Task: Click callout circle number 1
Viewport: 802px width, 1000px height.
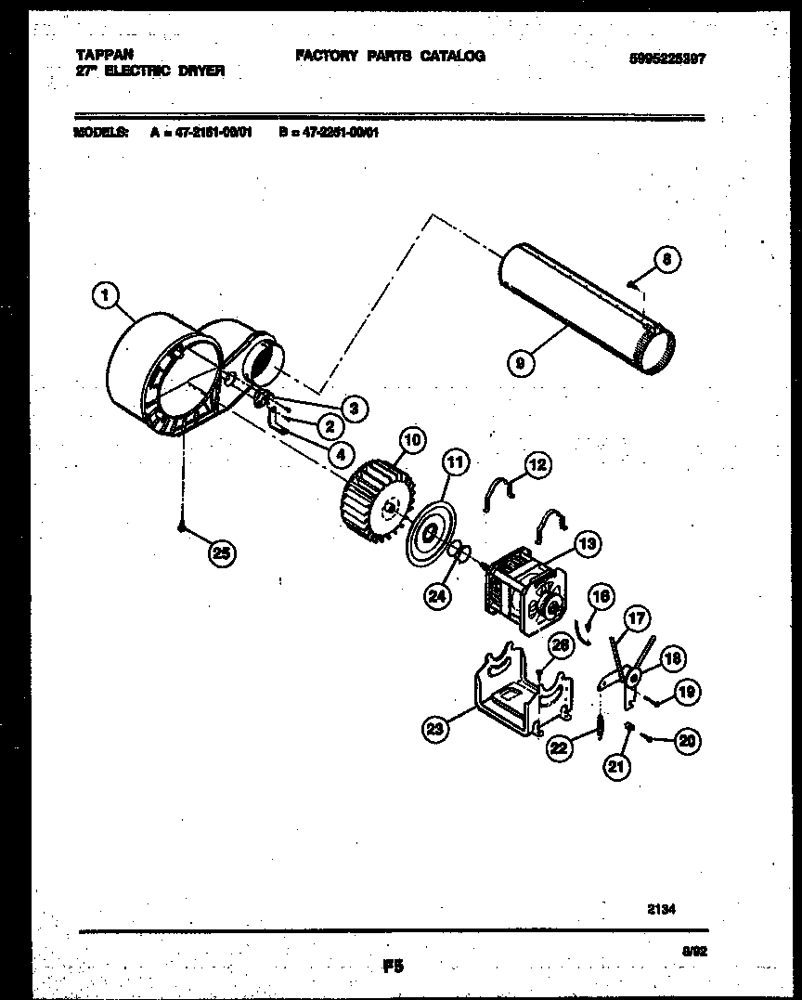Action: point(106,296)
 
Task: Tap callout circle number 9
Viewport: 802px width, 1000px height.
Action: point(521,363)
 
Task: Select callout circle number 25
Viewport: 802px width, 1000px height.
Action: point(220,553)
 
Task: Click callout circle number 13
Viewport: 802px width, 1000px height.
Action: point(588,543)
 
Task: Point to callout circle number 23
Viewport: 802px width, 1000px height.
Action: point(436,729)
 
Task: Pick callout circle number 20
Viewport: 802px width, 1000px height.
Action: point(688,740)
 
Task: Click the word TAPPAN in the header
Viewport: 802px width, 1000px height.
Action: point(98,55)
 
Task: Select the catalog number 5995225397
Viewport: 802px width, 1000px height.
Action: point(667,58)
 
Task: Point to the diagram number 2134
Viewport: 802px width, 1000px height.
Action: point(661,911)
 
